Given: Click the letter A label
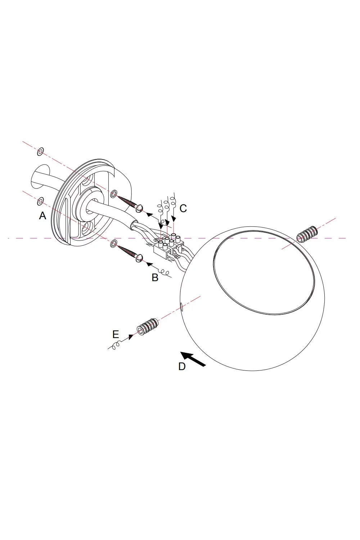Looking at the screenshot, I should pos(42,216).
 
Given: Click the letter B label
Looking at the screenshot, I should pos(155,278).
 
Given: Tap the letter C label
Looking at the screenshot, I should pos(183,208).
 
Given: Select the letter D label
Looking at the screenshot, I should pos(182,366).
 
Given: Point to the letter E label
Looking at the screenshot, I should pos(116,334).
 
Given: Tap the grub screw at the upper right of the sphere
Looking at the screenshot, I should pos(306,234).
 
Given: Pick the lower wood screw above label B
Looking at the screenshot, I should pos(130,253).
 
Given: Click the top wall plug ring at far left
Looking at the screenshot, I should pos(40,152).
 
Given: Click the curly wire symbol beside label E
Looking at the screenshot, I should pos(116,346).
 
